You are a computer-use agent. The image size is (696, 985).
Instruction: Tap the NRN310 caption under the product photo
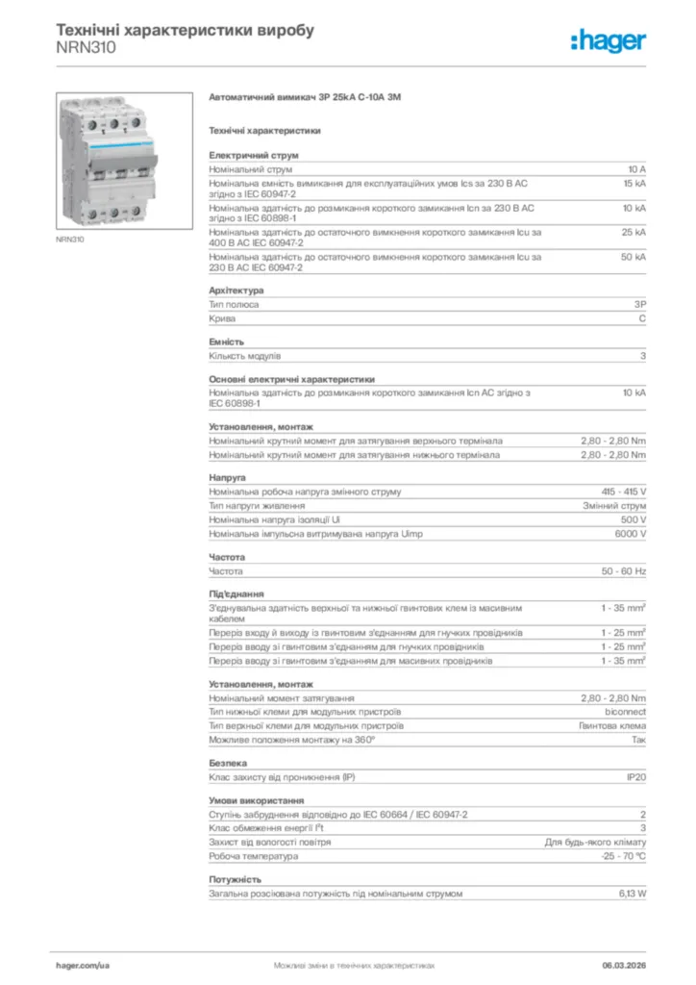click(x=69, y=240)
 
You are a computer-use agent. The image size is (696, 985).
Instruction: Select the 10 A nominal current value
click(x=636, y=169)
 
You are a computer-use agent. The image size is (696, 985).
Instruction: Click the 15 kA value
click(x=634, y=182)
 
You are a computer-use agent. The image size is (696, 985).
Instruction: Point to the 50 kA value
click(x=634, y=257)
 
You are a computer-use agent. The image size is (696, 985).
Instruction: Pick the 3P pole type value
click(x=639, y=304)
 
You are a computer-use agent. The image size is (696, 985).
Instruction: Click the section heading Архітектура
click(x=236, y=290)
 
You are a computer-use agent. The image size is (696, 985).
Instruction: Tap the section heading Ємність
click(x=227, y=342)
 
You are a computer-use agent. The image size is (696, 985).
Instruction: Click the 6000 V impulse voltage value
click(x=630, y=533)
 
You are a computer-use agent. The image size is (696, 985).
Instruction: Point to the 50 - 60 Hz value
click(x=624, y=570)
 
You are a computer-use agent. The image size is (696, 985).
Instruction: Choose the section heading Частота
click(x=228, y=557)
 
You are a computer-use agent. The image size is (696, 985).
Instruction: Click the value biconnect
click(x=625, y=712)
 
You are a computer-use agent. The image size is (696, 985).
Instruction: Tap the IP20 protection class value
click(x=636, y=776)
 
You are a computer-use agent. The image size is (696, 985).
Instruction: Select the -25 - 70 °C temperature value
click(x=623, y=855)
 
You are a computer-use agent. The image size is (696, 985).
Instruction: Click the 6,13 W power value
click(x=632, y=894)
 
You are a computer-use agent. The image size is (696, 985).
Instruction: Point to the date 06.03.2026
click(x=624, y=964)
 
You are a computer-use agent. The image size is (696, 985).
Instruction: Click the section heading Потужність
click(x=236, y=880)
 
